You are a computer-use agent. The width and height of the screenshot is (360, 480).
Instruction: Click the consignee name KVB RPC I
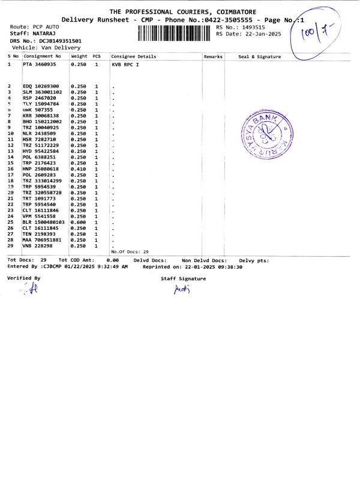[125, 64]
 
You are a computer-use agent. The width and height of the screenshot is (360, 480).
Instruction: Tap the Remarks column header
[213, 56]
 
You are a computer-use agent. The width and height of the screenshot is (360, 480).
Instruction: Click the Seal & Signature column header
[259, 56]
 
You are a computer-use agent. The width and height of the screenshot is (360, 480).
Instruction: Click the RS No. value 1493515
[252, 28]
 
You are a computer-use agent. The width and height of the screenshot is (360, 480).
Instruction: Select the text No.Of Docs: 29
[130, 251]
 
